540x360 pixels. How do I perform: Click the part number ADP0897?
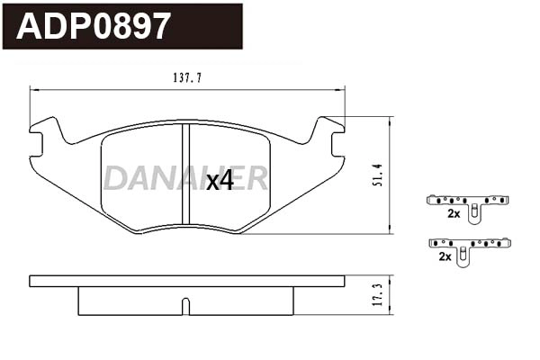pyautogui.click(x=94, y=26)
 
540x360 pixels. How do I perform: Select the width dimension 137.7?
pyautogui.click(x=186, y=78)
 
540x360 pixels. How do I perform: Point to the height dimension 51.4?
pyautogui.click(x=378, y=175)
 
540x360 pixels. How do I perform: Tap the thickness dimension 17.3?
pyautogui.click(x=378, y=295)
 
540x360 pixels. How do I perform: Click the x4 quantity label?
pyautogui.click(x=219, y=181)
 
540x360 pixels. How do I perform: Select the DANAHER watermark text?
pyautogui.click(x=184, y=178)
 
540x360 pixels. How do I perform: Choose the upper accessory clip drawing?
pyautogui.click(x=469, y=204)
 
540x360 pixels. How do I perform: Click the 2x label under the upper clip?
pyautogui.click(x=454, y=214)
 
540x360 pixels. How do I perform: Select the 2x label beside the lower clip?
pyautogui.click(x=444, y=256)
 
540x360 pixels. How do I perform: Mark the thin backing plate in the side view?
pyautogui.click(x=186, y=281)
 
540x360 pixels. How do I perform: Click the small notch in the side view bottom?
pyautogui.click(x=184, y=309)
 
